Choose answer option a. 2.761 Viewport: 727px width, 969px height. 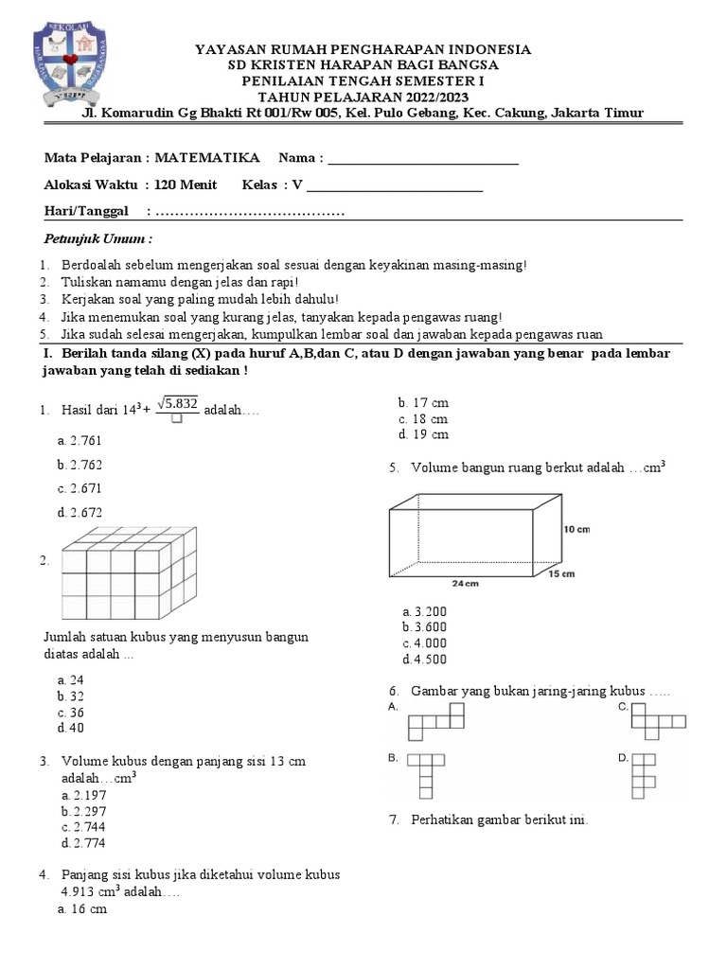[80, 440]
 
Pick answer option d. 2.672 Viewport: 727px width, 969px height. [80, 513]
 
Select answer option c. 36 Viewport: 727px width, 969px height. [71, 713]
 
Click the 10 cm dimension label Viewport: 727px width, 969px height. [576, 529]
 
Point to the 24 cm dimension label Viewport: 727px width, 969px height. [466, 584]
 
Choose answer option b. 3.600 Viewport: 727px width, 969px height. [424, 627]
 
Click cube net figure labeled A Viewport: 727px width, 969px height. [436, 721]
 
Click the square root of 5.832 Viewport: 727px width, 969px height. [177, 404]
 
